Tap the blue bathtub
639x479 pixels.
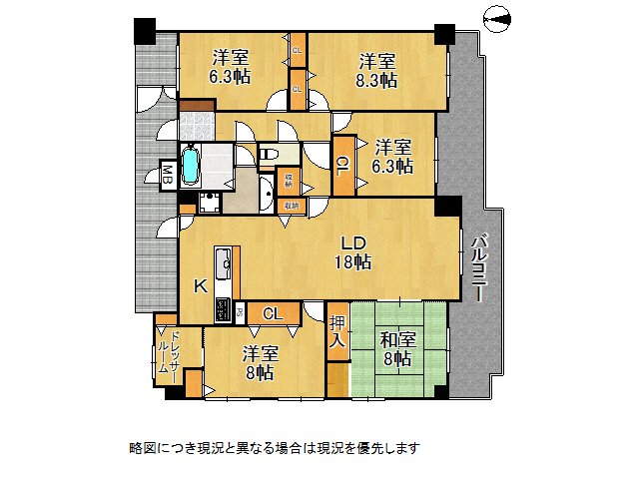click(191, 166)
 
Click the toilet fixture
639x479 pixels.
click(268, 155)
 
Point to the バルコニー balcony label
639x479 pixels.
click(478, 267)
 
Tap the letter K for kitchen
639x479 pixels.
click(199, 285)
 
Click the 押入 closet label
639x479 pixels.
click(338, 332)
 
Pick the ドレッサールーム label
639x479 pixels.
click(167, 356)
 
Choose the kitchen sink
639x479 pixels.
click(226, 264)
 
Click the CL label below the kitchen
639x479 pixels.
click(272, 314)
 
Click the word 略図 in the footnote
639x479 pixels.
click(143, 448)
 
